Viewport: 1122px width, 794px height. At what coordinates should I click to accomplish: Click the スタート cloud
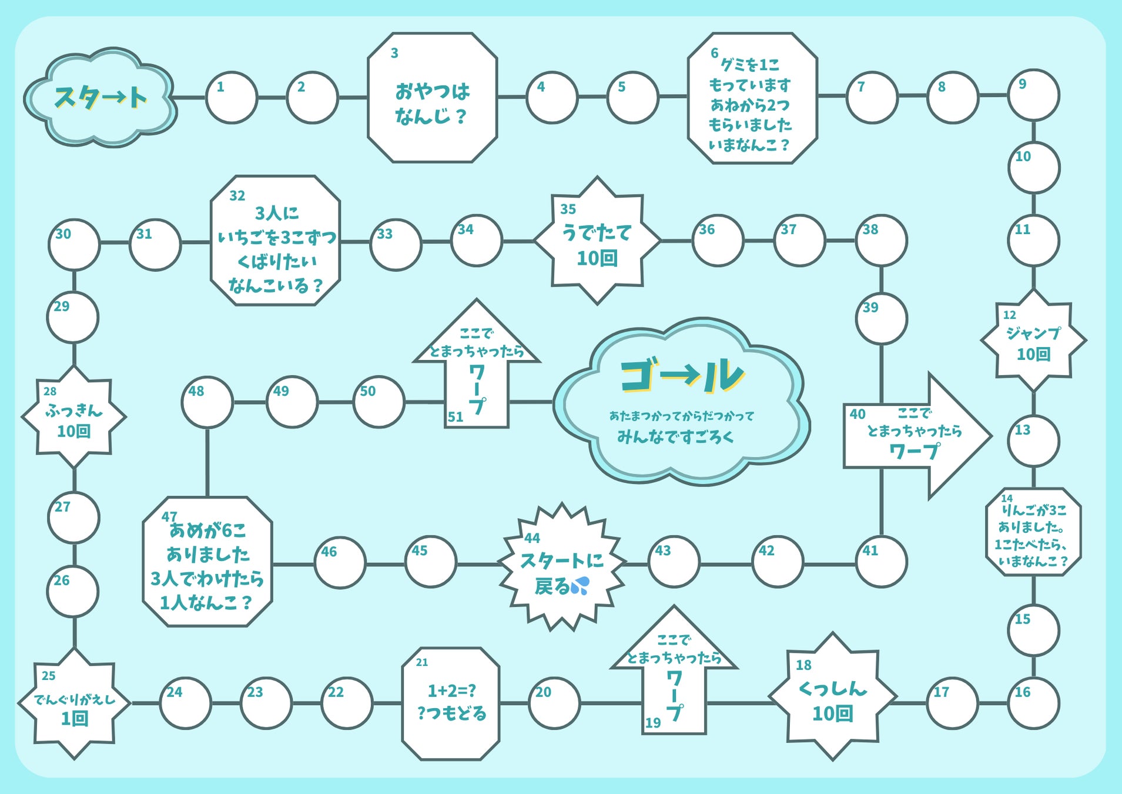[x=100, y=98]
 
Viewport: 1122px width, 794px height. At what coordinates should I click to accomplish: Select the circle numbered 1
[x=232, y=98]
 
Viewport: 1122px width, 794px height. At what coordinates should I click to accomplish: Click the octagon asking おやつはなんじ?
[x=433, y=98]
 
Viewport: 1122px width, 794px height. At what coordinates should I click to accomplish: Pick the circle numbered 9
[x=1033, y=95]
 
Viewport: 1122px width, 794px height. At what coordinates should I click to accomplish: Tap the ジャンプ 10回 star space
[x=1033, y=341]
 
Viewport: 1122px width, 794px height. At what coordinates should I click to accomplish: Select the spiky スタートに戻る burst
[x=561, y=568]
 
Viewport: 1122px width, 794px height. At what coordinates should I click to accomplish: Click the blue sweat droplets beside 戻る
[x=580, y=585]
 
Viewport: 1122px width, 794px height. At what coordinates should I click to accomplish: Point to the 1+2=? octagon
[x=451, y=703]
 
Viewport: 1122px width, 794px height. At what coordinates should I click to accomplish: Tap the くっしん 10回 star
[x=832, y=698]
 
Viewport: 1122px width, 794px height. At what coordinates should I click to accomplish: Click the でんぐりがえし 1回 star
[x=74, y=704]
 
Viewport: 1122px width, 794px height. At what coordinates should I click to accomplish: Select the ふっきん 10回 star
[x=74, y=418]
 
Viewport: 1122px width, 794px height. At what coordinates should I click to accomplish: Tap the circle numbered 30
[x=74, y=244]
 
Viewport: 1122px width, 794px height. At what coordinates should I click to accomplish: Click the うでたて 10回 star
[x=597, y=241]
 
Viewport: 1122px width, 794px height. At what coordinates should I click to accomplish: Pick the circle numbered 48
[x=207, y=402]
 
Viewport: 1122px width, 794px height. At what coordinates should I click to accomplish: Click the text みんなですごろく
[x=675, y=437]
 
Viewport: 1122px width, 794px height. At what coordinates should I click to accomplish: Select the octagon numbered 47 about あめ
[x=207, y=562]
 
